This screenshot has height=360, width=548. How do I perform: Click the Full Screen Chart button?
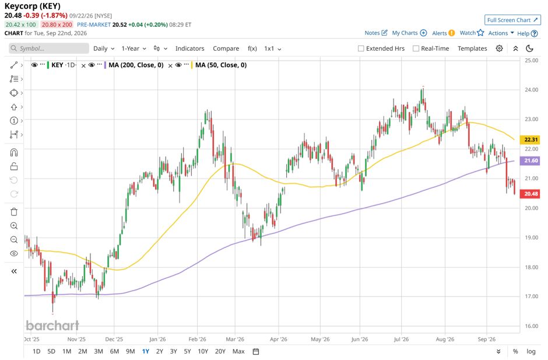tap(512, 20)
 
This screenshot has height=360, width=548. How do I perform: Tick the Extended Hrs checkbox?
tap(361, 48)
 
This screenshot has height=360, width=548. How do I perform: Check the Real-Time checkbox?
tap(416, 48)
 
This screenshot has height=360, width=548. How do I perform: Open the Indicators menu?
tap(190, 48)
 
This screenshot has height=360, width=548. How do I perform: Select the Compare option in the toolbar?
tap(226, 48)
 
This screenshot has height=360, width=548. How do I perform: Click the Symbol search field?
tap(49, 48)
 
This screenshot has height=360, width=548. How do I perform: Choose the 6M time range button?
tap(114, 351)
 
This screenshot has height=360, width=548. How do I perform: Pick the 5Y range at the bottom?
tap(187, 351)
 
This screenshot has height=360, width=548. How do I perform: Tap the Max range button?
tap(238, 351)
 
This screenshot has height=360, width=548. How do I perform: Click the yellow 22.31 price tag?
tap(531, 139)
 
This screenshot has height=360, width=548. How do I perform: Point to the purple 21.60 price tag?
tap(531, 160)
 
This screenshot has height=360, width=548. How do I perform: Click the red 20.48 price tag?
tap(531, 194)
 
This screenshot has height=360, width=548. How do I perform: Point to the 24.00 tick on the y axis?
tap(531, 90)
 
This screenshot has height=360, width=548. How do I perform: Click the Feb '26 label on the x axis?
tap(198, 339)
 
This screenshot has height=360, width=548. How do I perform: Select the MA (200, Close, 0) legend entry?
tap(136, 65)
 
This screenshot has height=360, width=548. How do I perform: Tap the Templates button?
tap(472, 48)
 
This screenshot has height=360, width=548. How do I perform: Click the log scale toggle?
tap(531, 351)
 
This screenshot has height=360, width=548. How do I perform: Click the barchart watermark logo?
tap(52, 326)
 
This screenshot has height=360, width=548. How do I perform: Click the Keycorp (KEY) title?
tap(33, 6)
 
